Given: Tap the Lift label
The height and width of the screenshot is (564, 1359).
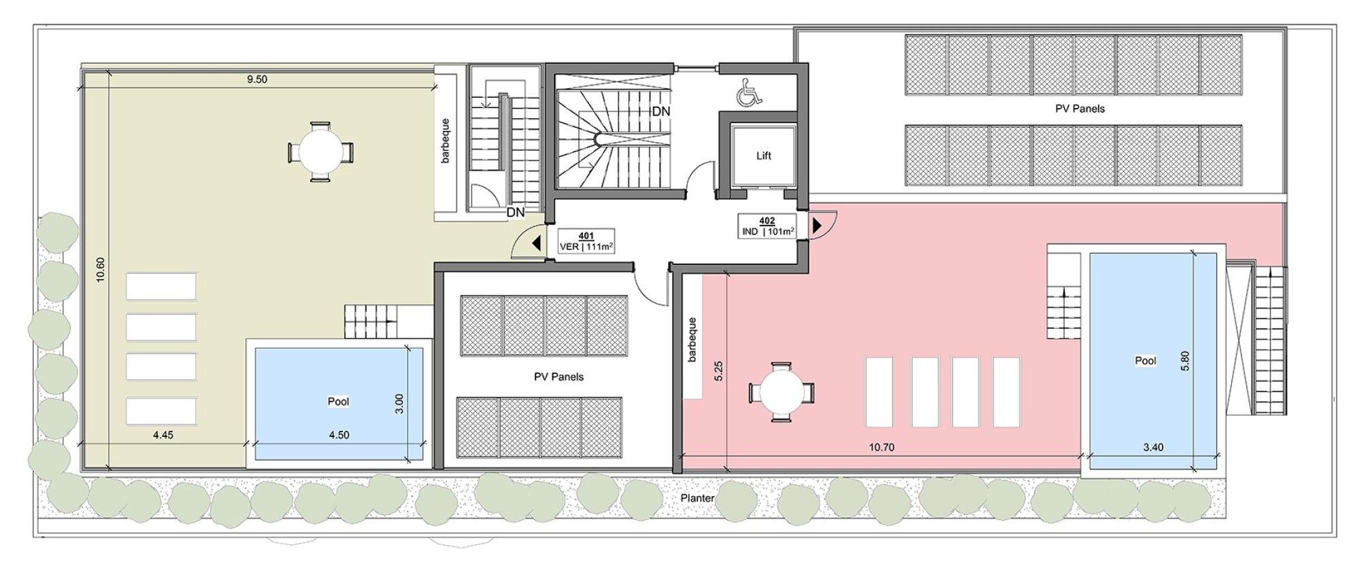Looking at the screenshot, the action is click(764, 156).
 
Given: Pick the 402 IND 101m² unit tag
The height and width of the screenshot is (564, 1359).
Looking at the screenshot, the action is click(768, 226).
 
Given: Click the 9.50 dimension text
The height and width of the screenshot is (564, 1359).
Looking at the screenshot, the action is click(257, 80).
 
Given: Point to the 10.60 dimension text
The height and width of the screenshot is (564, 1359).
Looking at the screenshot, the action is click(101, 269).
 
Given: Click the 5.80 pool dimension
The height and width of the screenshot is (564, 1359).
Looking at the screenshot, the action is click(1185, 360).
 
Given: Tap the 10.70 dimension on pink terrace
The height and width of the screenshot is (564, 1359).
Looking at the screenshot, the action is click(881, 447).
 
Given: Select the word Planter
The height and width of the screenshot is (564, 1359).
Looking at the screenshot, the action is click(697, 498).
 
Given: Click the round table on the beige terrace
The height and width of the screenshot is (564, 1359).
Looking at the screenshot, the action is click(320, 152).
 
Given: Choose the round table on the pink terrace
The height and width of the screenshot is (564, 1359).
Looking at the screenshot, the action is click(781, 392).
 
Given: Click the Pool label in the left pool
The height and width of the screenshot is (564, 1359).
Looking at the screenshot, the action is click(338, 402).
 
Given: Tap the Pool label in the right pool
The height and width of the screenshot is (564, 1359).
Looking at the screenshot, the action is click(1146, 361).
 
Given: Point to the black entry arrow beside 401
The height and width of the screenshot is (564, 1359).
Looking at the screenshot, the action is click(537, 243).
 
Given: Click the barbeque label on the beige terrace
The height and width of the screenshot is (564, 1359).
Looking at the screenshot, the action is click(445, 141).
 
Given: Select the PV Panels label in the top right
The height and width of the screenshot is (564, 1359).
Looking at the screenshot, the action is click(1080, 109).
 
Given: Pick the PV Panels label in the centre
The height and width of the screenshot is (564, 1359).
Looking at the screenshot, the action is click(559, 377).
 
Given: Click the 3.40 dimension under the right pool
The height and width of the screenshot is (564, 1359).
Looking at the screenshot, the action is click(1153, 447).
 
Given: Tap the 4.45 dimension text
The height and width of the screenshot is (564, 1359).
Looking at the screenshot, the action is click(163, 435).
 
